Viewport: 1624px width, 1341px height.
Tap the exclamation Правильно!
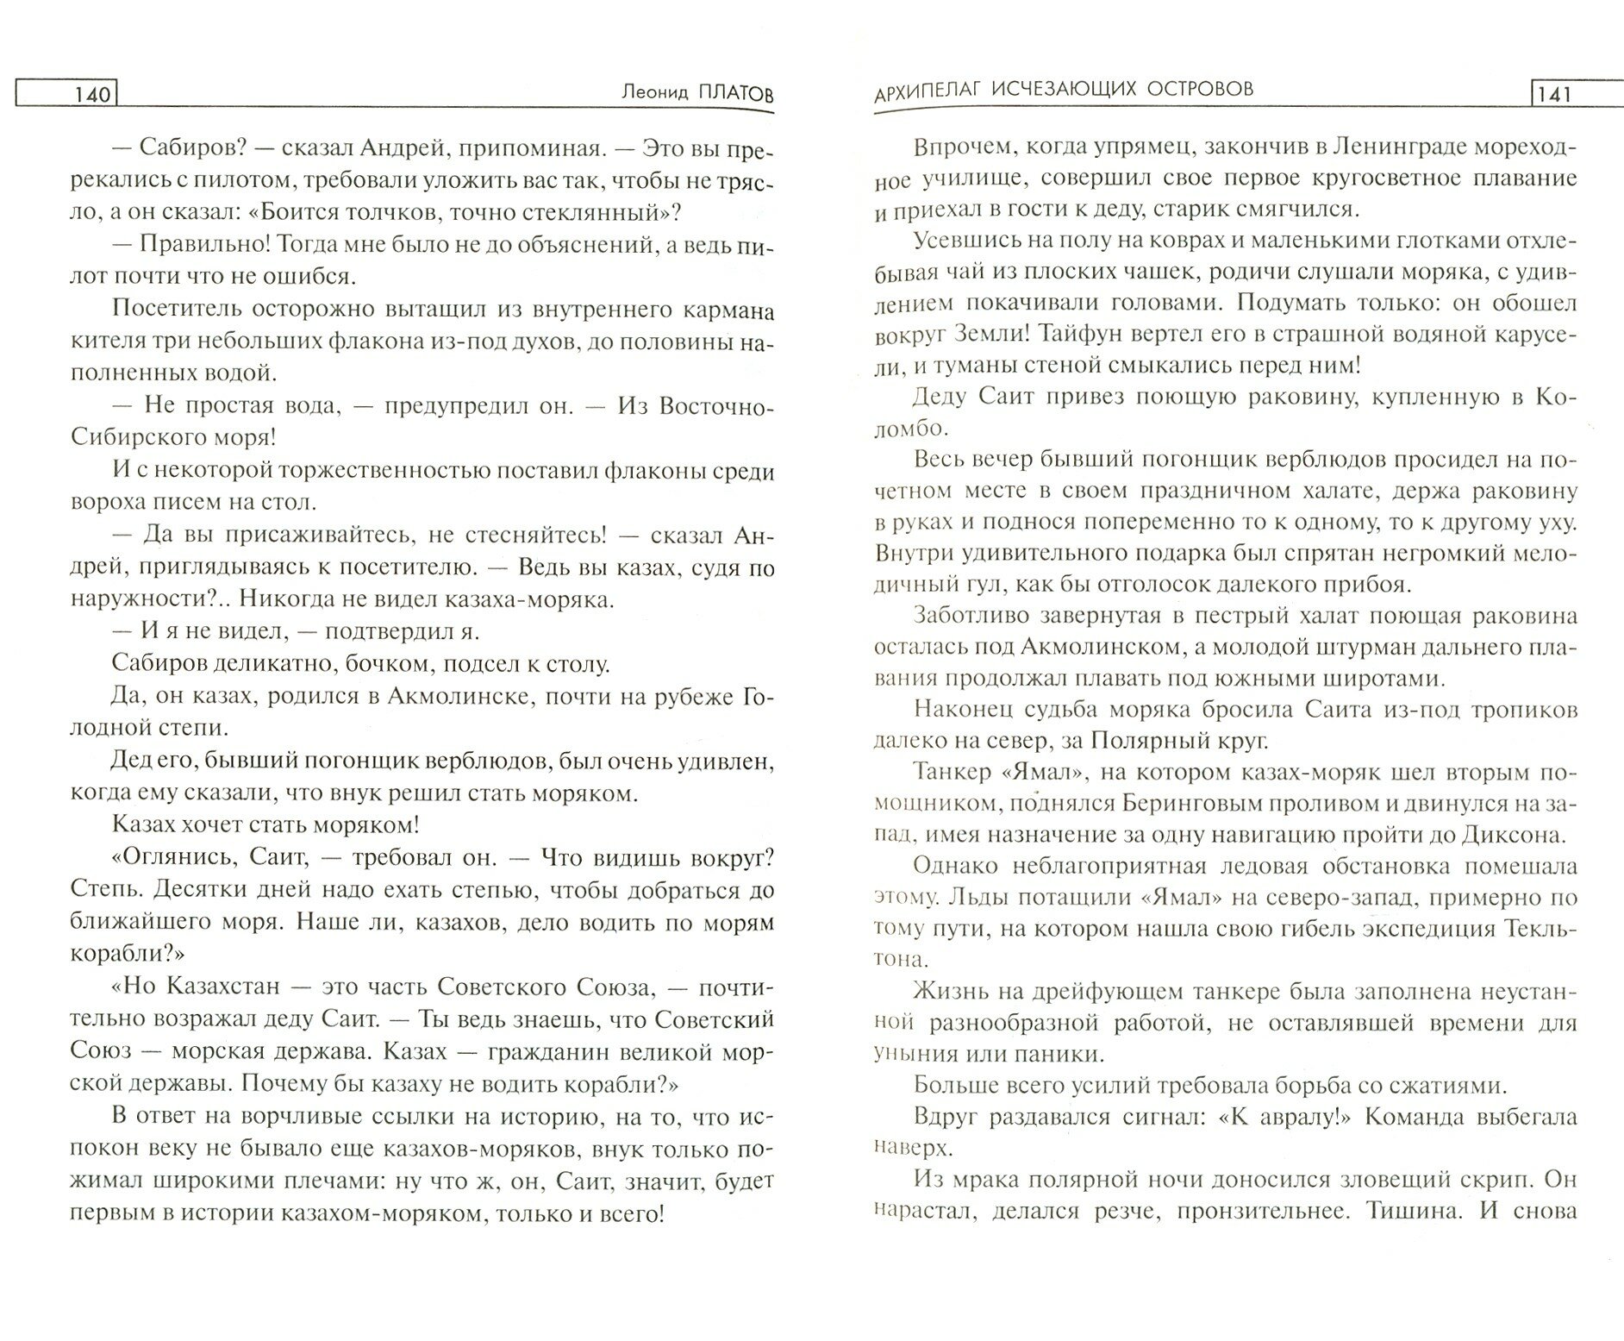coord(190,245)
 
